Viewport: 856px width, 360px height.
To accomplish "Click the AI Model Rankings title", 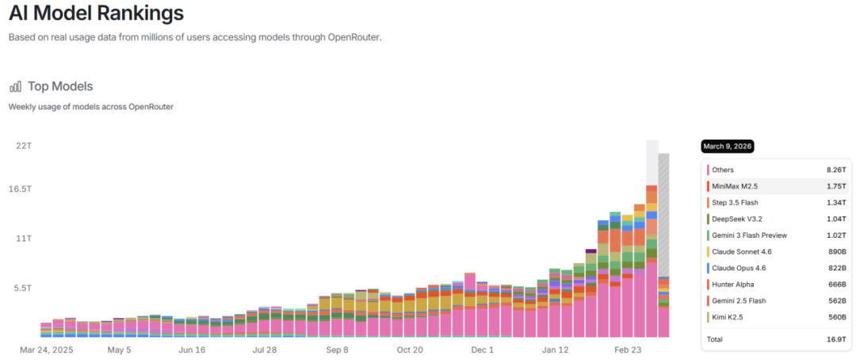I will pyautogui.click(x=96, y=13).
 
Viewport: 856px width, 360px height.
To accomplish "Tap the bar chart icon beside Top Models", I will pyautogui.click(x=15, y=86).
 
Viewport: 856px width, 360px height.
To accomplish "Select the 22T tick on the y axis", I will pyautogui.click(x=23, y=146).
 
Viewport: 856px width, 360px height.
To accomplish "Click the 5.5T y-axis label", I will pyautogui.click(x=21, y=288).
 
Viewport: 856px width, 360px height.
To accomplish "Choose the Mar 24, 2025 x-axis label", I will pyautogui.click(x=48, y=349).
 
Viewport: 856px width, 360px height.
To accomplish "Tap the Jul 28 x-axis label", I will pyautogui.click(x=264, y=349).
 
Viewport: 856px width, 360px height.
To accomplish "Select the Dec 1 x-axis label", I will pyautogui.click(x=482, y=349).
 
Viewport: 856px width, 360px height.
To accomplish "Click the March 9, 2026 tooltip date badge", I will pyautogui.click(x=727, y=147).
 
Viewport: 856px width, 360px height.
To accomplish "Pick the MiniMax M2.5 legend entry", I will pyautogui.click(x=736, y=186).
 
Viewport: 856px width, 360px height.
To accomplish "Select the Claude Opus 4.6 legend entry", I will pyautogui.click(x=739, y=268).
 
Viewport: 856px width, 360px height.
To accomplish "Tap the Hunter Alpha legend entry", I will pyautogui.click(x=732, y=284).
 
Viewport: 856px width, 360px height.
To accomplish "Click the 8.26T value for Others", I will pyautogui.click(x=835, y=170).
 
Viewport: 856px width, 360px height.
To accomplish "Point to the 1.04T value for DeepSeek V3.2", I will pyautogui.click(x=835, y=219).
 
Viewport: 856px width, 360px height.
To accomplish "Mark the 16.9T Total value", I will pyautogui.click(x=835, y=339).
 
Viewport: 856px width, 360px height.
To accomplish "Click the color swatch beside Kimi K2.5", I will pyautogui.click(x=708, y=317).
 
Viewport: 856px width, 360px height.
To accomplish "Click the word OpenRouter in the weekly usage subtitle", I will pyautogui.click(x=151, y=106).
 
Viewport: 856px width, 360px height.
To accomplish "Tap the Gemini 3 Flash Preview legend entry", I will pyautogui.click(x=749, y=235).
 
